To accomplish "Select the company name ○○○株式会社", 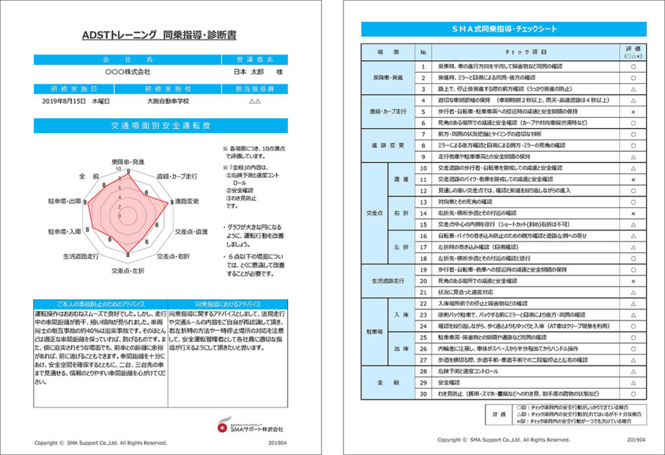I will [127, 71].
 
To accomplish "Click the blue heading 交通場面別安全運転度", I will [160, 126].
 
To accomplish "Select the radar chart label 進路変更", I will [188, 201].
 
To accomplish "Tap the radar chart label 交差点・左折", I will [128, 269].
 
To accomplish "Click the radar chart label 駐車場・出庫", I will [64, 202].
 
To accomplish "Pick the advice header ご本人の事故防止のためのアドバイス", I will [101, 303].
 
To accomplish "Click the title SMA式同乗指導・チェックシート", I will [504, 29].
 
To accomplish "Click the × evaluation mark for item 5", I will [633, 112].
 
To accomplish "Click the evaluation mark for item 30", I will [633, 394].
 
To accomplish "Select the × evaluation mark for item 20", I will [633, 281].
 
